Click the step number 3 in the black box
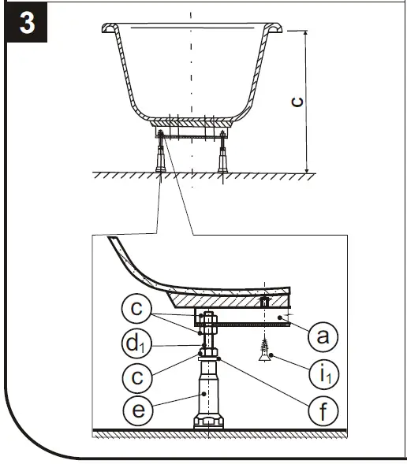tap(27, 21)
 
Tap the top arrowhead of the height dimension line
tap(306, 34)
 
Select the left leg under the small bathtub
tap(161, 153)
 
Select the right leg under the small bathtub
tap(222, 153)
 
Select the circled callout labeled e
tap(137, 410)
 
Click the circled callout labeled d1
tap(137, 344)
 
